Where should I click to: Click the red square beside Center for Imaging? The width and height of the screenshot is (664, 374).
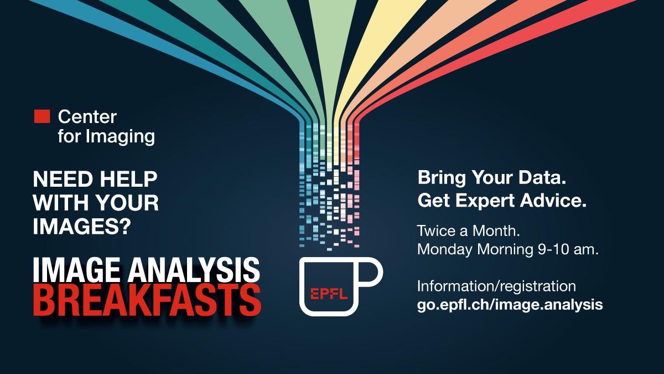(42, 116)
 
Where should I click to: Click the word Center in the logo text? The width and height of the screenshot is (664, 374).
(87, 117)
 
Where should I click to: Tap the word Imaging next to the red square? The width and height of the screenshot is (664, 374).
(120, 137)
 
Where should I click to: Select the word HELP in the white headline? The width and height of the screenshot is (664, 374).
(128, 179)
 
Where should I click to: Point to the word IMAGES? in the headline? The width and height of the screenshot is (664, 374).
(82, 226)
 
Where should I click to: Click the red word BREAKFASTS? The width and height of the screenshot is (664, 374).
(147, 300)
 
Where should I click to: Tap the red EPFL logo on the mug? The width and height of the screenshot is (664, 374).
(329, 294)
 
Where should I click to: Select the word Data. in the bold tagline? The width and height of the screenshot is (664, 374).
(542, 177)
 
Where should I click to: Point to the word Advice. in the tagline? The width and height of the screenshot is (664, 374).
(553, 201)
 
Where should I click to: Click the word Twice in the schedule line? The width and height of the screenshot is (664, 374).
(437, 230)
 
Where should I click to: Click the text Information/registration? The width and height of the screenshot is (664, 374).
(496, 286)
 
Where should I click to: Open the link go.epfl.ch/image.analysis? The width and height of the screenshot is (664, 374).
(510, 305)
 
